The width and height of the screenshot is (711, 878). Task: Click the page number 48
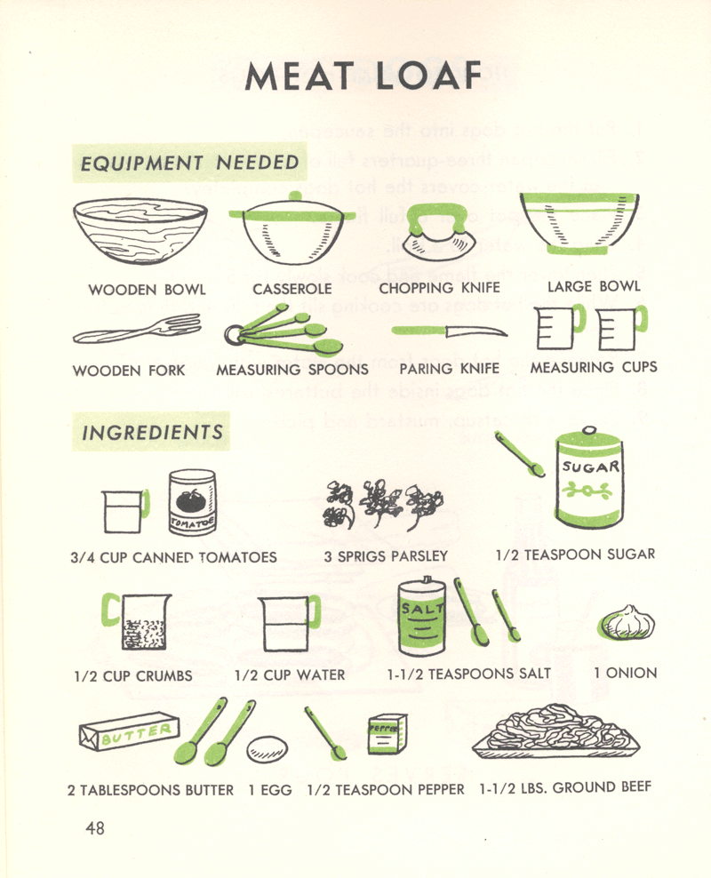tap(95, 827)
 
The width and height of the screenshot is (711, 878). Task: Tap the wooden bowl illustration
tap(140, 231)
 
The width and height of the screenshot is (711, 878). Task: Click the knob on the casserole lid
tap(295, 196)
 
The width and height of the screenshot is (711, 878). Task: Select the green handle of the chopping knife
tap(437, 216)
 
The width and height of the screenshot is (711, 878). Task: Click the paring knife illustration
tap(450, 331)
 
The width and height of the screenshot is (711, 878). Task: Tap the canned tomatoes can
tap(193, 502)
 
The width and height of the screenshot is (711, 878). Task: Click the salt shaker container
tap(421, 617)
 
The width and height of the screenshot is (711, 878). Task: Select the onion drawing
tap(627, 622)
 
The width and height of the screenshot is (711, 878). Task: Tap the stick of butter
tap(130, 730)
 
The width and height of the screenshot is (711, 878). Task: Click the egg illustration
tap(268, 749)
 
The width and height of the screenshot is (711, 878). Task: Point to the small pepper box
tap(387, 733)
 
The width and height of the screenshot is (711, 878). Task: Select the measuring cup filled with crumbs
tap(137, 621)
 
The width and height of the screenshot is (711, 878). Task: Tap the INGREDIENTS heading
tap(152, 432)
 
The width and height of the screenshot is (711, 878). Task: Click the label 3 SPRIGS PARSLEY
tap(386, 556)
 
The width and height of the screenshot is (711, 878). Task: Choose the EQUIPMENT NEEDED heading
tap(190, 163)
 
